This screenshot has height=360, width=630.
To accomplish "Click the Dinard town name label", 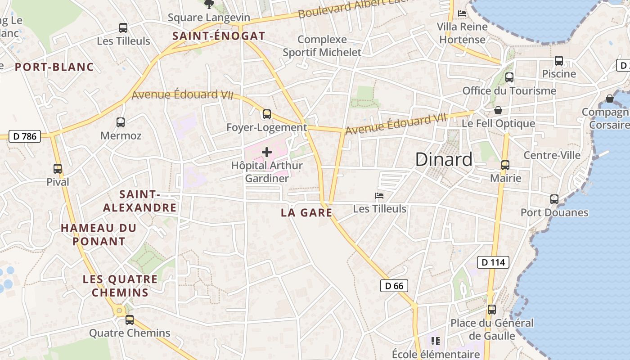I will click(x=444, y=160).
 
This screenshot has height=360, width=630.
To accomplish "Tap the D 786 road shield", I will click(x=25, y=136).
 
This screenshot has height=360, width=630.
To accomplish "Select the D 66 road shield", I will click(x=394, y=285).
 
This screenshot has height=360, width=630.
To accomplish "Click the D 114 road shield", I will click(x=493, y=262).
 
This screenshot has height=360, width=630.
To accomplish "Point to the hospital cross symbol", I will click(x=267, y=152).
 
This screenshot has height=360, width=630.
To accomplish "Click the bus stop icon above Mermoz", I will click(x=121, y=122).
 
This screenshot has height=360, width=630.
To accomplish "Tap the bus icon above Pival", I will click(x=58, y=169).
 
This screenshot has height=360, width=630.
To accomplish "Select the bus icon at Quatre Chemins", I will click(x=130, y=320).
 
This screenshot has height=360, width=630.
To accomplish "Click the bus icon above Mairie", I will click(x=505, y=165).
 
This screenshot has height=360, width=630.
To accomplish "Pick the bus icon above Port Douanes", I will click(x=554, y=199).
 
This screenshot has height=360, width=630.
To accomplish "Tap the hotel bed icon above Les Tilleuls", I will click(x=379, y=196).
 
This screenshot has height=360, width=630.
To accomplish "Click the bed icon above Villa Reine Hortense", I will click(x=462, y=13).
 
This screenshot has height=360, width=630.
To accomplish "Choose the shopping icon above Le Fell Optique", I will click(x=499, y=110).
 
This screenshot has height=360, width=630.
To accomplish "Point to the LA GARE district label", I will click(x=306, y=212).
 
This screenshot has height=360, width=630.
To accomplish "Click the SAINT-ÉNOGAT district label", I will click(x=219, y=36).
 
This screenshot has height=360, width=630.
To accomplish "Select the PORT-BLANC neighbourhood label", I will click(x=54, y=67).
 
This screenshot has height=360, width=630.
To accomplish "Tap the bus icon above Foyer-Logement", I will click(x=267, y=114).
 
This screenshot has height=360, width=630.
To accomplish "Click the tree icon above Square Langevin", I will click(x=209, y=4).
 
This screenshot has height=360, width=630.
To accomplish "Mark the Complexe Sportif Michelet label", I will click(x=322, y=46).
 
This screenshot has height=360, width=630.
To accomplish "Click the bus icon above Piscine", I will click(x=559, y=61).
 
